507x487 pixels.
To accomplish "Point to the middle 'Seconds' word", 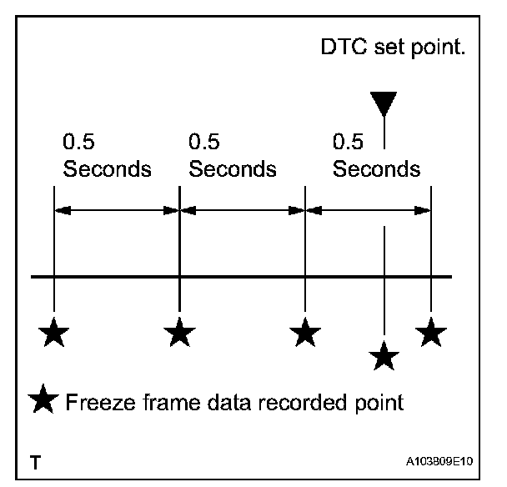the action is click(232, 169).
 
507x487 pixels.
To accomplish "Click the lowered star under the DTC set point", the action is click(383, 356).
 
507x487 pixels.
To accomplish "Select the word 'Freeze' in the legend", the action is click(97, 404).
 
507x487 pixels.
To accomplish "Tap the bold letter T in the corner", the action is click(34, 461).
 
